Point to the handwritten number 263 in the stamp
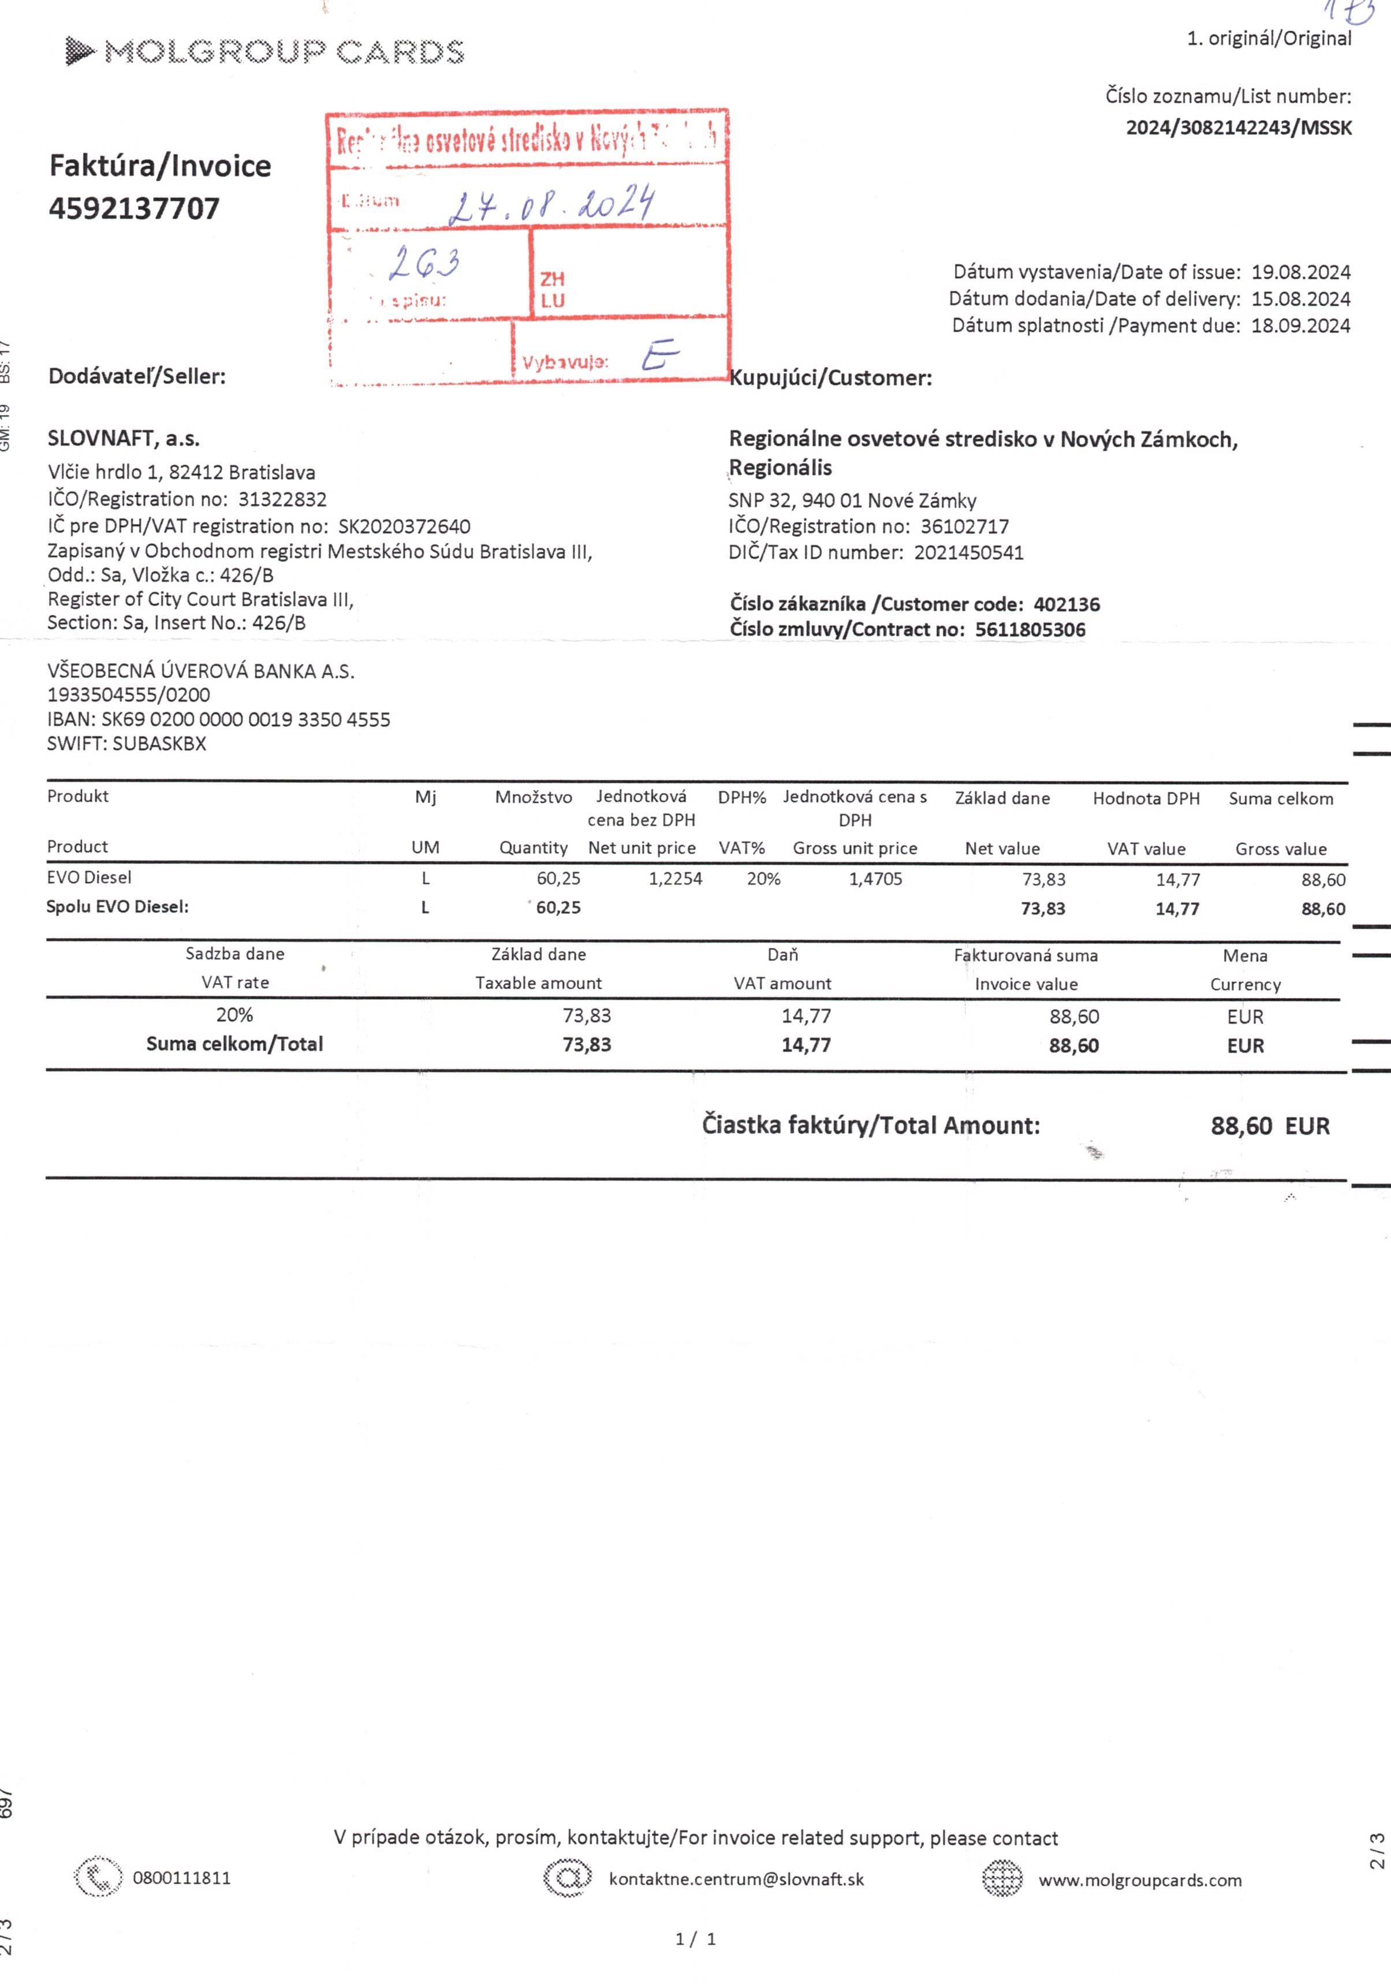pos(424,262)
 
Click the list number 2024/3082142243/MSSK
pos(1238,128)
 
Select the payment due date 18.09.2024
pos(1300,326)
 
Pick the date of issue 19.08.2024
pos(1300,272)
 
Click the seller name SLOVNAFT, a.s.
pos(124,438)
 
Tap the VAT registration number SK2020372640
pos(404,526)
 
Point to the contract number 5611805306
pos(1030,629)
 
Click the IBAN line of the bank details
pos(219,719)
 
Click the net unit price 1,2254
pos(675,879)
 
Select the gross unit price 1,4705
pos(875,879)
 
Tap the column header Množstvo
pos(534,797)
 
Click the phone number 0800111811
pos(181,1878)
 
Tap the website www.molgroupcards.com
pos(1139,1880)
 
